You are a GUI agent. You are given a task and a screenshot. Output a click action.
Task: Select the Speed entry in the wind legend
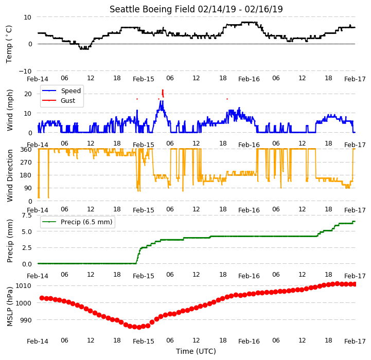coord(61,91)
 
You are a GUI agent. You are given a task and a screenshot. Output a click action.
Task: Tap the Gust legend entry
coord(59,100)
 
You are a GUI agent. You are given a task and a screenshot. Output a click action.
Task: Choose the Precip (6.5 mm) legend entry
coord(77,222)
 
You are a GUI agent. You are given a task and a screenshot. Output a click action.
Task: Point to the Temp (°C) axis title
coord(9,44)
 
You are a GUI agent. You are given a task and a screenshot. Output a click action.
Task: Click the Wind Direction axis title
coord(10,175)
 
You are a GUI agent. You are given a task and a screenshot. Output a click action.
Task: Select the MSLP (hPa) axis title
coord(10,307)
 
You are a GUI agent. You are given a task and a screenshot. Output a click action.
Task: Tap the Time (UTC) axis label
coord(196,351)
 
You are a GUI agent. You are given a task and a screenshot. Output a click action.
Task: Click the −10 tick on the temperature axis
coord(25,71)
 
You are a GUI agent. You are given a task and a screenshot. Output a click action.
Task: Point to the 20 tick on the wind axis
coord(28,94)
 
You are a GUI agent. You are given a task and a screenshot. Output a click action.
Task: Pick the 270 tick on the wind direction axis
coord(26,163)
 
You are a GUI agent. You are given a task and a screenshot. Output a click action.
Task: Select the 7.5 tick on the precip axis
coord(27,215)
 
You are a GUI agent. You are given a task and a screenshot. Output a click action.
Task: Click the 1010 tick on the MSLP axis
coord(23,286)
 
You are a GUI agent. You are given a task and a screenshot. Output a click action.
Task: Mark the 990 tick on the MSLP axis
coord(25,320)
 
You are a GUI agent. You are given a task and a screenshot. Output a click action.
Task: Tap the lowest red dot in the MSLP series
coord(139,327)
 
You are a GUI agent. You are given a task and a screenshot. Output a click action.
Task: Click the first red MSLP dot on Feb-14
coord(42,298)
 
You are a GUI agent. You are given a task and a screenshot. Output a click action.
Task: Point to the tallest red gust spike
coord(163,93)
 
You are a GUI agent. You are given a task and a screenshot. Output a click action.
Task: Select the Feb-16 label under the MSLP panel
coord(249,341)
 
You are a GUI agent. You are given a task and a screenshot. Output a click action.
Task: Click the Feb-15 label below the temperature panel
coord(144,79)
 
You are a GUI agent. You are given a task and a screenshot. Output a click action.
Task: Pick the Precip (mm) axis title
coord(10,241)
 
